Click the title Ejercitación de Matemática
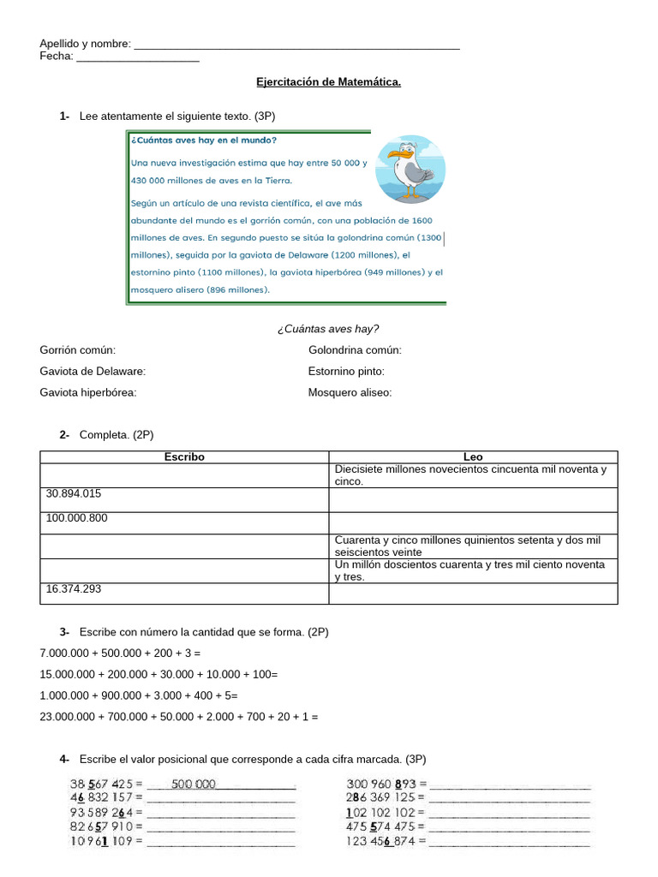click(x=328, y=82)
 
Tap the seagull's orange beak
click(x=395, y=156)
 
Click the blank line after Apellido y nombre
click(x=296, y=45)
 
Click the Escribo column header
click(x=184, y=457)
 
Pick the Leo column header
click(x=473, y=457)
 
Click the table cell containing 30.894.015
click(x=184, y=499)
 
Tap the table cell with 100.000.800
click(x=184, y=522)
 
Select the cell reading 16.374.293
click(x=184, y=594)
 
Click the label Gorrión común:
click(x=78, y=350)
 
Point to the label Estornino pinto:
click(x=346, y=372)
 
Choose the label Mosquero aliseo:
click(x=350, y=393)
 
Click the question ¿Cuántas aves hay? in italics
click(x=328, y=329)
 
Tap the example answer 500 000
click(x=194, y=784)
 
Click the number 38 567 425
click(x=101, y=784)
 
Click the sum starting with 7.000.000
click(x=120, y=653)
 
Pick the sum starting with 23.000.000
click(x=178, y=717)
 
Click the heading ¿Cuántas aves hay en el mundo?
click(x=204, y=140)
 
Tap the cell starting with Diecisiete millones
click(x=471, y=475)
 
